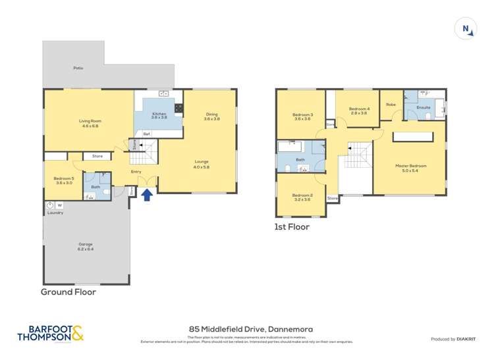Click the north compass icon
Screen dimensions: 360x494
[x=466, y=28]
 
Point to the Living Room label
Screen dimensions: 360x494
[x=90, y=123]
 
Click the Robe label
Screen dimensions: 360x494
[x=391, y=104]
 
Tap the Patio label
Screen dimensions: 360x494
[x=78, y=67]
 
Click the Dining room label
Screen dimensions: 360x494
[x=211, y=116]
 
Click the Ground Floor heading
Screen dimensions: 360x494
[x=69, y=292]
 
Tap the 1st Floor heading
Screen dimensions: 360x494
[x=292, y=227]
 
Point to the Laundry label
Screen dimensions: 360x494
[x=55, y=213]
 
